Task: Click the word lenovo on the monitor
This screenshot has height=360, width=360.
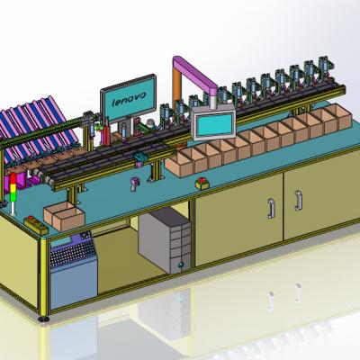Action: (129, 99)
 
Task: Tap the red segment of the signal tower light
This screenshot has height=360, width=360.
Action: (13, 178)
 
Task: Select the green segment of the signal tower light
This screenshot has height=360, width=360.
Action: (13, 197)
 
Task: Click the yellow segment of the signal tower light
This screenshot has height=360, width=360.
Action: (13, 188)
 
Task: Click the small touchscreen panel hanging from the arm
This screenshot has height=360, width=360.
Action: (214, 123)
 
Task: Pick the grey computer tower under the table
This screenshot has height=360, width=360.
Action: (165, 240)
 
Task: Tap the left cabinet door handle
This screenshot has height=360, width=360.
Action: (271, 208)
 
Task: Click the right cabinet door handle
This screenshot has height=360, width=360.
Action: (299, 201)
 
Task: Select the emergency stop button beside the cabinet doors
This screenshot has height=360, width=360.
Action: (202, 184)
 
